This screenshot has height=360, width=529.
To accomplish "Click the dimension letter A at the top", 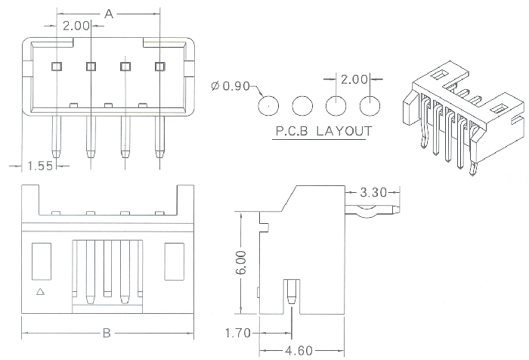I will coord(109,14).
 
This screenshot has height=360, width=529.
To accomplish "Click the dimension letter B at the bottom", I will coord(107,333).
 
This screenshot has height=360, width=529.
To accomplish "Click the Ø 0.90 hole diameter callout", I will coord(230,87).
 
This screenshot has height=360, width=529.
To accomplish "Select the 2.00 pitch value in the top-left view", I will coord(76,26).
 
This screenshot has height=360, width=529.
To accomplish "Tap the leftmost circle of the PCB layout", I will coord(268,105).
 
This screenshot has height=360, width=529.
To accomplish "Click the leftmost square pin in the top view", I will coord(56,67).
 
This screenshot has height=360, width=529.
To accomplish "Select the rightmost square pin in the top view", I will coord(159,67).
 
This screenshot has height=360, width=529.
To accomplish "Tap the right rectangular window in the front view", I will coord(173,257).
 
